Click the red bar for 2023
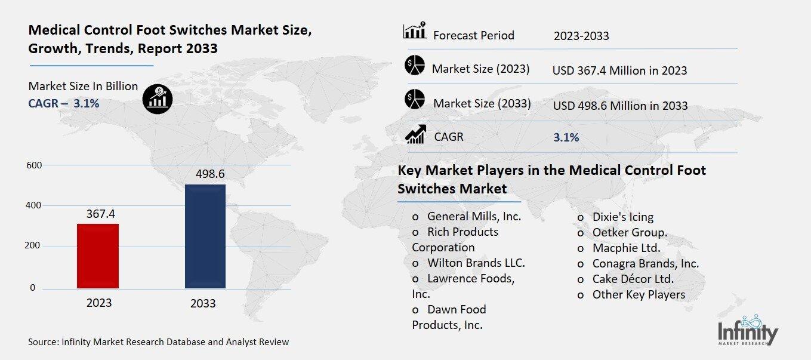(x=98, y=256)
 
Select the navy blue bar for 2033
(x=205, y=236)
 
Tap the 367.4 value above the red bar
(x=100, y=214)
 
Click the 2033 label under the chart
(x=203, y=304)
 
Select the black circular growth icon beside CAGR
(x=158, y=97)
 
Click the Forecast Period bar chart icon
(x=414, y=31)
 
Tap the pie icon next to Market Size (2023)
(x=414, y=65)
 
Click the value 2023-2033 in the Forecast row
(x=581, y=36)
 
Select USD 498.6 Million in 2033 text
(x=620, y=106)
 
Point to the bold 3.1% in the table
(x=566, y=137)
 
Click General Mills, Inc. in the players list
(x=474, y=216)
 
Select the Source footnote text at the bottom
(x=158, y=342)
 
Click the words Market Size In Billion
(x=83, y=86)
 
